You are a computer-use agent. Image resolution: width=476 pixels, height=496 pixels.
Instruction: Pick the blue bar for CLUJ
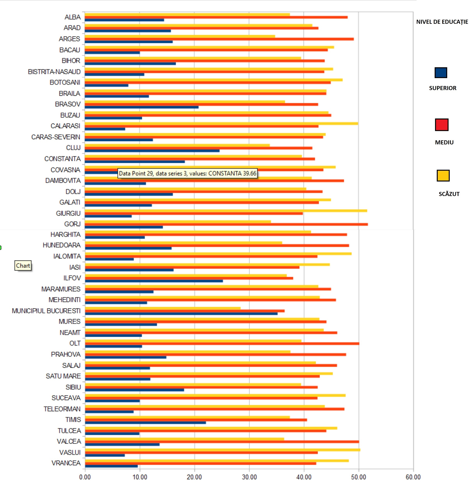click(x=152, y=151)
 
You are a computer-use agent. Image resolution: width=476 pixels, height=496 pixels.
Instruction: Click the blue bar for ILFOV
click(x=154, y=281)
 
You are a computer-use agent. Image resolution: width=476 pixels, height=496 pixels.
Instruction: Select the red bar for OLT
click(x=222, y=344)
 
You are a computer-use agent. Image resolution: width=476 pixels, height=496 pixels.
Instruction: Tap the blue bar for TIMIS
click(x=145, y=423)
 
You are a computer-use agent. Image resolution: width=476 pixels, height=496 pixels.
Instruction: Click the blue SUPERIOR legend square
click(x=441, y=73)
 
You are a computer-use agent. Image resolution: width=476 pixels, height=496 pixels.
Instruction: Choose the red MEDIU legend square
click(x=442, y=125)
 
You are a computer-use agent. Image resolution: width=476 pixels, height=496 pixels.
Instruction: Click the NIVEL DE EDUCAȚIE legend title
click(x=442, y=22)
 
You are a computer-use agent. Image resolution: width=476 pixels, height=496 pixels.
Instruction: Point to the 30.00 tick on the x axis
click(x=249, y=477)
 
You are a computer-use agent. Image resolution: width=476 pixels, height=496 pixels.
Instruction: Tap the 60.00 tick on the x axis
click(x=413, y=477)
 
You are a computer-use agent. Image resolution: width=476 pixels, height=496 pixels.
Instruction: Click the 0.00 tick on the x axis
click(x=85, y=477)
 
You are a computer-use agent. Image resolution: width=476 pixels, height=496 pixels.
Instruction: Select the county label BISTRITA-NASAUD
click(x=54, y=72)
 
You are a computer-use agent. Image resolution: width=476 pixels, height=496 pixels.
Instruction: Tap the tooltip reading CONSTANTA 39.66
click(x=187, y=173)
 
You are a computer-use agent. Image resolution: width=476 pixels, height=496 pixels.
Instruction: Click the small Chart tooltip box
click(x=23, y=265)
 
